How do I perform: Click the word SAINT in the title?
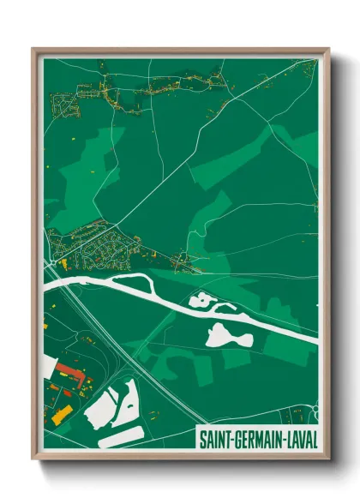click(x=216, y=439)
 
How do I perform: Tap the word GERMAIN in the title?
click(x=260, y=439)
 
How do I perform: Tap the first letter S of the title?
click(x=202, y=439)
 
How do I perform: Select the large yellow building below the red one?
click(x=63, y=415)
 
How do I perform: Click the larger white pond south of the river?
click(x=229, y=335)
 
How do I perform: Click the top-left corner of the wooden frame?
click(x=34, y=50)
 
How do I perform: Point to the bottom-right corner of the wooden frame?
click(x=327, y=460)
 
